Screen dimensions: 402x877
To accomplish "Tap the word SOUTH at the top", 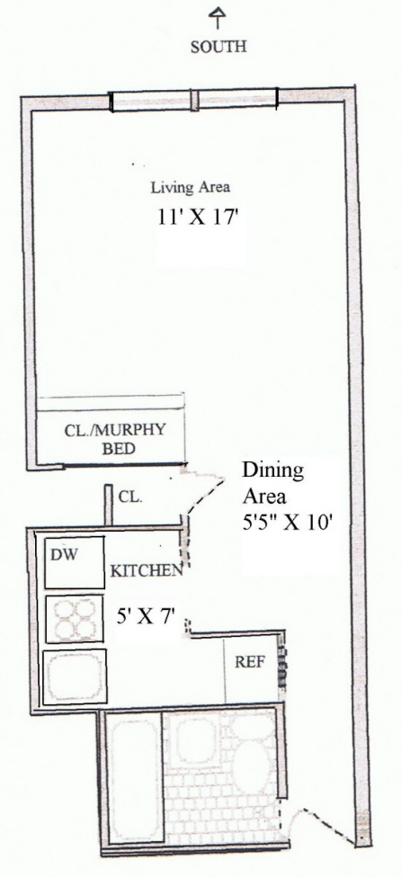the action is click(218, 47).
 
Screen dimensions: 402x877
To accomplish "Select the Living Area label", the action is click(190, 187).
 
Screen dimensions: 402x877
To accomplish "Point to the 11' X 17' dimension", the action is click(199, 218).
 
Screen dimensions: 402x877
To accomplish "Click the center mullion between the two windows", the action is click(194, 100).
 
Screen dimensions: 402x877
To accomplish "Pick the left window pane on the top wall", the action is click(151, 101).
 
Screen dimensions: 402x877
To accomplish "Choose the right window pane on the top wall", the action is click(237, 98).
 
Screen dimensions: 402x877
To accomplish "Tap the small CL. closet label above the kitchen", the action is click(130, 497).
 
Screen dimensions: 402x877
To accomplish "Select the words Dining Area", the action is click(272, 483).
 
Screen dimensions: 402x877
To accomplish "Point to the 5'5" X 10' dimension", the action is click(289, 525).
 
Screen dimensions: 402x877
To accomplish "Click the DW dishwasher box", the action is click(75, 562).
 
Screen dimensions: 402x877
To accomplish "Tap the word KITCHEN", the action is click(147, 571).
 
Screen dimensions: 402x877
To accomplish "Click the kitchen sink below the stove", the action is click(75, 676).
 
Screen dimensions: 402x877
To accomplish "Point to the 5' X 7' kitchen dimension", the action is click(146, 618).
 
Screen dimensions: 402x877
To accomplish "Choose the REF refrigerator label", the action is click(249, 662).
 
